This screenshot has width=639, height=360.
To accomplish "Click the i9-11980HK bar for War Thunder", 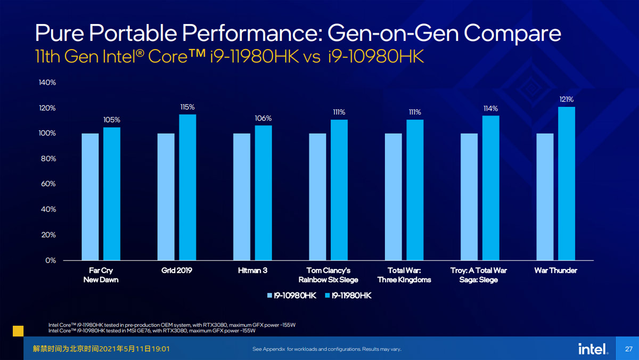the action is coord(567,183).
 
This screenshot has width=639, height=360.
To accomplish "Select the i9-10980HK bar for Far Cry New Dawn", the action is coord(90,197).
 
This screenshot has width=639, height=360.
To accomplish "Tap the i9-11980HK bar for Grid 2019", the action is coord(187,187).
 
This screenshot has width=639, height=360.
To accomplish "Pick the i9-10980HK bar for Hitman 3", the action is coord(242,197).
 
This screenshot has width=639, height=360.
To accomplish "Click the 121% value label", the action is coord(566,99).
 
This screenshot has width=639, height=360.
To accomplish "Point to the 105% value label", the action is coord(111,120).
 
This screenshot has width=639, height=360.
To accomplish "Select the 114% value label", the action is coord(490,109).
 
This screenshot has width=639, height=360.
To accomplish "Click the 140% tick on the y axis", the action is coord(47,83).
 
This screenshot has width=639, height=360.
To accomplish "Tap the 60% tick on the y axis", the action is coord(48,184).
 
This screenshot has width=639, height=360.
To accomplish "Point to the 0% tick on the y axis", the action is coord(51,260).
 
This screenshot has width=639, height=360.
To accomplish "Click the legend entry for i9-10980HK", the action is coord(292,296).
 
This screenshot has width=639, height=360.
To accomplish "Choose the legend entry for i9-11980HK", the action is coord(348,296).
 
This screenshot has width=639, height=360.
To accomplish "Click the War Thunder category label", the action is coord(556,271).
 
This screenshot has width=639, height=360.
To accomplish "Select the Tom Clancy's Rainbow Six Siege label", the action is coord(329,275).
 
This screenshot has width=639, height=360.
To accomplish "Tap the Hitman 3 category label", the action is coord(252,271).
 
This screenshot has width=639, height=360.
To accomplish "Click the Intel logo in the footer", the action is coord(593,349).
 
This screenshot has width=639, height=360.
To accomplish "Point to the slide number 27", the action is coord(629,349).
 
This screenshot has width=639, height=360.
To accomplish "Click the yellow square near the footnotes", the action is coord(18,331).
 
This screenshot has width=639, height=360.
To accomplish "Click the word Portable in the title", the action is coord(133,33).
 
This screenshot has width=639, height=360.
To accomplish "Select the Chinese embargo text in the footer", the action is coord(101,349).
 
